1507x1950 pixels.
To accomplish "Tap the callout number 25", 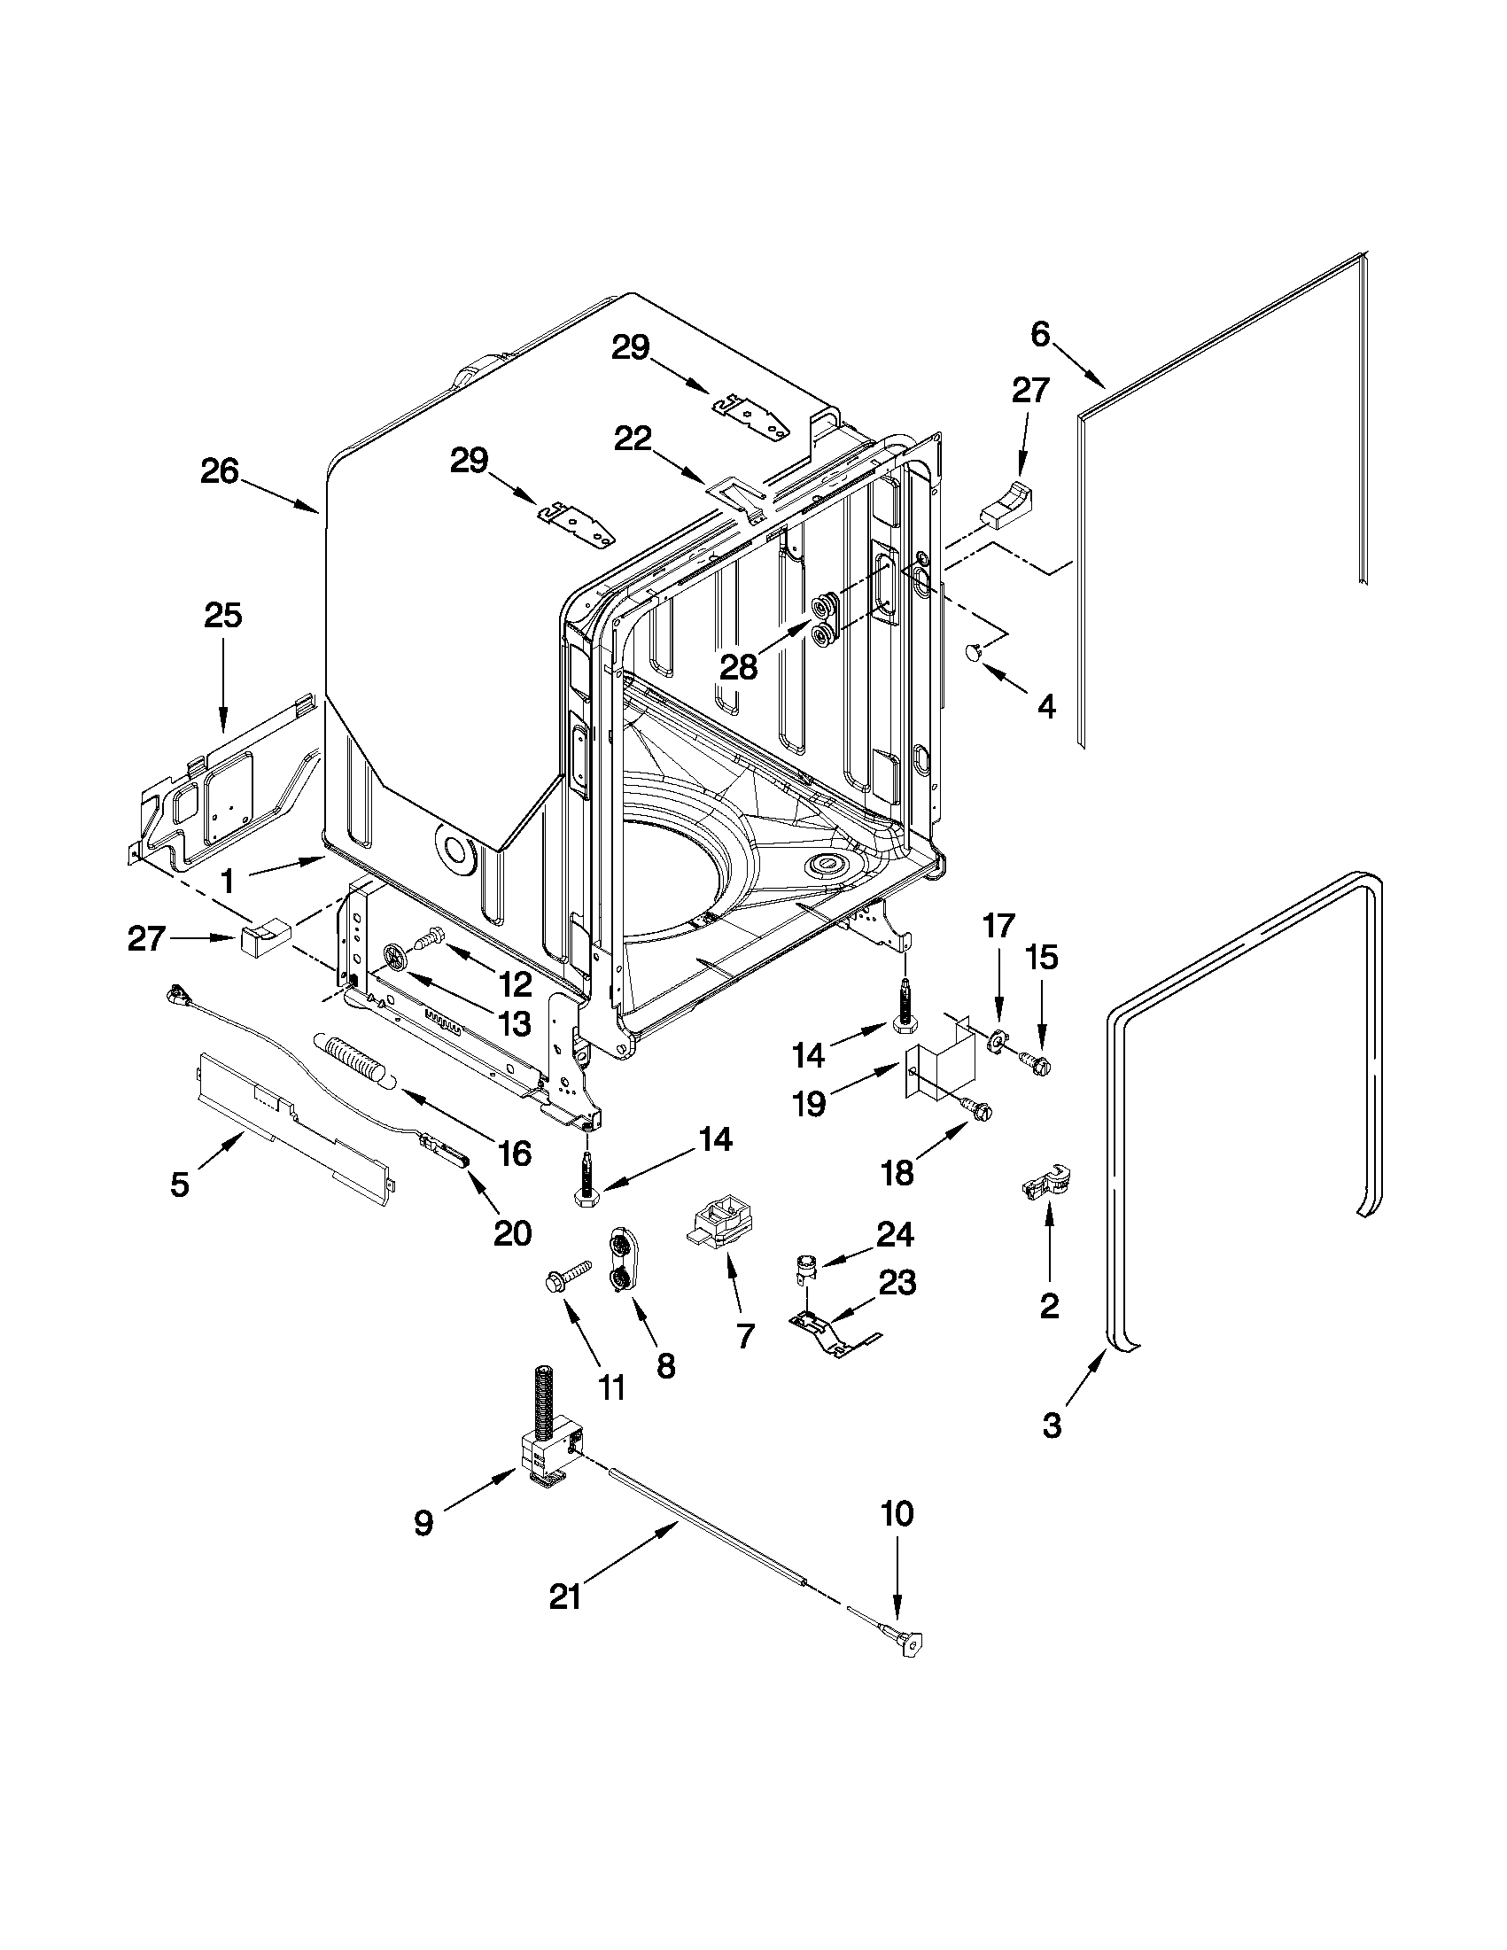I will (x=223, y=615).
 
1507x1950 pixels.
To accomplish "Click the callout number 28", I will (x=738, y=667).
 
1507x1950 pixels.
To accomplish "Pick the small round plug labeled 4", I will (x=975, y=655).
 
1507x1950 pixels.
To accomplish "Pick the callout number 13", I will (x=514, y=1023).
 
